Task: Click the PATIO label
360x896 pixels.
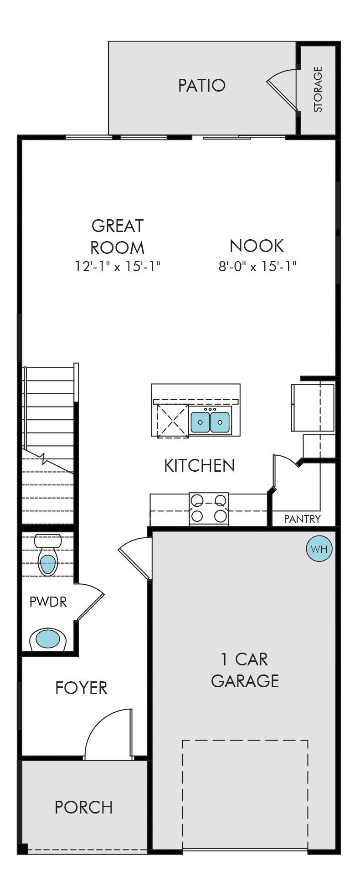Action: (201, 86)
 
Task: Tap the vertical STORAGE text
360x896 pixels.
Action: (318, 89)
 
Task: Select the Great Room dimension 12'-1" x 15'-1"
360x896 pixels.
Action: (118, 266)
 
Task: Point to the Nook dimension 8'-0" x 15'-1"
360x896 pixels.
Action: (257, 266)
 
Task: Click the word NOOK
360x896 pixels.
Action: (257, 246)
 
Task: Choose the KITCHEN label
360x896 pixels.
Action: (200, 466)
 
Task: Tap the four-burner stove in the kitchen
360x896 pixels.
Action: (209, 509)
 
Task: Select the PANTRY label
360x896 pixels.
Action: (302, 519)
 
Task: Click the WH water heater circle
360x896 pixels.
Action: (319, 549)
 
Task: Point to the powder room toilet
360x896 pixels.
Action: (48, 555)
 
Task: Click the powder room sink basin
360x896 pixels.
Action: (48, 639)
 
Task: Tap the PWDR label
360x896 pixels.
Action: (48, 602)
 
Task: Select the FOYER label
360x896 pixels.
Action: (81, 688)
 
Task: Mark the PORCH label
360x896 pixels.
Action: (84, 808)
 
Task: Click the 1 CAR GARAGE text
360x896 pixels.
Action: (245, 670)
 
